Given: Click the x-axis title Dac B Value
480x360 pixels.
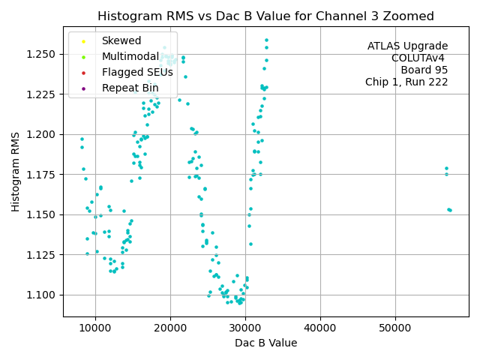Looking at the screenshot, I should point(266,343).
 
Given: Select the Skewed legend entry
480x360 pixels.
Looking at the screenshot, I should point(121,41).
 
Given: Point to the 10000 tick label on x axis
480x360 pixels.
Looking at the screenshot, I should point(95,328).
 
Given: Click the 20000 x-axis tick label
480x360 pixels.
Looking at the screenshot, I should point(170,328).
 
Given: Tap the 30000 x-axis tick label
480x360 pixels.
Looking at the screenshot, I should point(245,328).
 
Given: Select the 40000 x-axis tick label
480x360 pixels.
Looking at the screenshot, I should point(320,328).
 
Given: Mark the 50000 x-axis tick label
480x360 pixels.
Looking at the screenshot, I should point(395,328).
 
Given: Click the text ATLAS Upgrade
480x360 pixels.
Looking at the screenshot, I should point(407,46).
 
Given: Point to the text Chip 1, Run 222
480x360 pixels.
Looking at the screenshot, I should point(406,82).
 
